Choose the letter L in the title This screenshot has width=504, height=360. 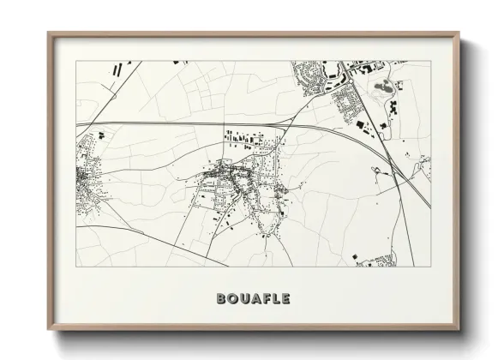275,299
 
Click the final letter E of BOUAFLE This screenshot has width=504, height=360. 286,299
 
